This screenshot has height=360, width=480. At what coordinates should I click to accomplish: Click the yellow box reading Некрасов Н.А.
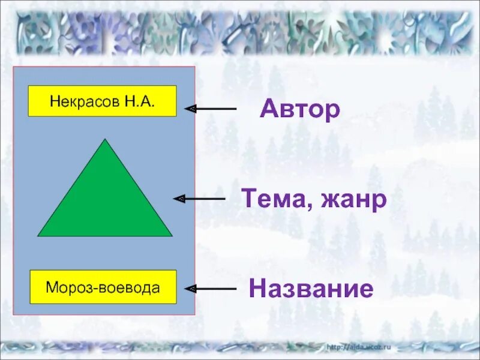pyautogui.click(x=102, y=101)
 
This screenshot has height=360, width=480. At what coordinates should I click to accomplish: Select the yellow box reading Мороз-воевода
pyautogui.click(x=103, y=287)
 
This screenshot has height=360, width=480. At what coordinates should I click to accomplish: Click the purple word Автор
pyautogui.click(x=300, y=109)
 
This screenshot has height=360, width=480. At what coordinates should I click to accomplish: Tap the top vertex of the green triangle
pyautogui.click(x=105, y=140)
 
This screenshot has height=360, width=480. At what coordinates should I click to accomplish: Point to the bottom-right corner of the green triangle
pyautogui.click(x=171, y=235)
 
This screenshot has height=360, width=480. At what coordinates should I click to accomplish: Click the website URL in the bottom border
pyautogui.click(x=359, y=347)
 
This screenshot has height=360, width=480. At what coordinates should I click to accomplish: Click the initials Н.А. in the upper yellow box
pyautogui.click(x=140, y=101)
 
